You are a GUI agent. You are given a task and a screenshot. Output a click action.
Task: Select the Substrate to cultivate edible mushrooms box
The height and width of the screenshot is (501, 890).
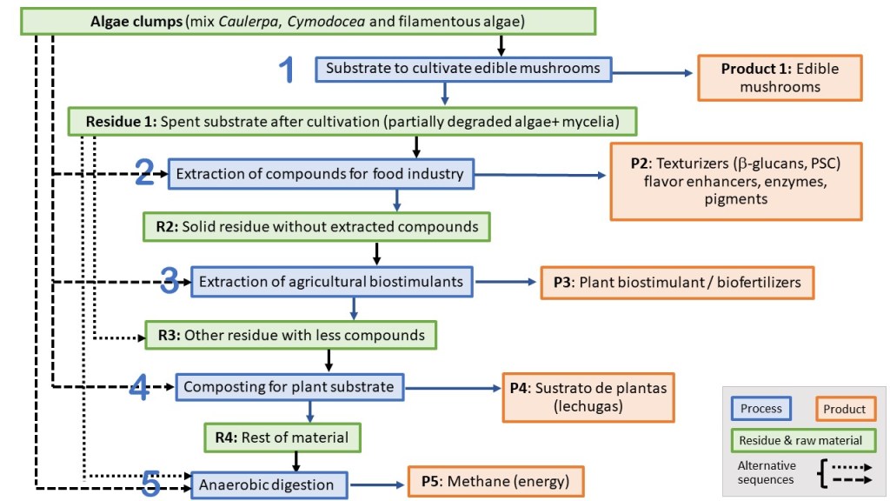click(x=462, y=68)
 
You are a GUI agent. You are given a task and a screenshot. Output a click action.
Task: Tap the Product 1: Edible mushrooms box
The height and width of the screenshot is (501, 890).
click(x=780, y=77)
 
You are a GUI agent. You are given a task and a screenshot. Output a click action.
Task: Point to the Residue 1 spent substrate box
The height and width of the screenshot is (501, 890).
click(x=354, y=121)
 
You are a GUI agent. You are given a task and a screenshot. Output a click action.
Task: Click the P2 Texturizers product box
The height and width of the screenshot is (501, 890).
click(x=737, y=181)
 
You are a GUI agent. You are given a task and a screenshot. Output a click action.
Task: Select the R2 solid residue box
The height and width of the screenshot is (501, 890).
click(x=317, y=227)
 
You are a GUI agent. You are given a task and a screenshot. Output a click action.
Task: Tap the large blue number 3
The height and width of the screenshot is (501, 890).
click(x=170, y=281)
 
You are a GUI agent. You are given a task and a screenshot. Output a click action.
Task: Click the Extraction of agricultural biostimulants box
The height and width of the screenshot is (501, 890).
click(x=332, y=282)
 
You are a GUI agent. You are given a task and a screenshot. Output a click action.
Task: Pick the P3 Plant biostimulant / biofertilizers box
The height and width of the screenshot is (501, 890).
click(x=678, y=283)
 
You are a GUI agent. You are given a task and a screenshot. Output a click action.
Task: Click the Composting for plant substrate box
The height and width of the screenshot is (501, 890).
click(x=289, y=386)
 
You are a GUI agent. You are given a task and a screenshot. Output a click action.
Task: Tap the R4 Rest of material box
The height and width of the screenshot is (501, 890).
click(x=282, y=437)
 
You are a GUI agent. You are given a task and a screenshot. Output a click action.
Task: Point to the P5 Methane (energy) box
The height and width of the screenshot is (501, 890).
click(x=495, y=482)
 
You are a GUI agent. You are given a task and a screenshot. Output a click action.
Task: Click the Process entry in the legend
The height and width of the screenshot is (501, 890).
click(x=761, y=409)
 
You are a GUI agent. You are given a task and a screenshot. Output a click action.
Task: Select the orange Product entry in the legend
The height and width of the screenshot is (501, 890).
click(x=844, y=409)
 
